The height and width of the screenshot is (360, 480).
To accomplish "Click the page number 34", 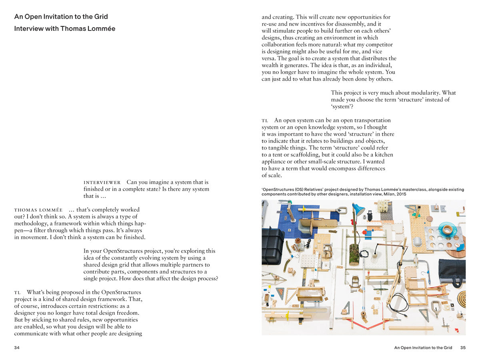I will pyautogui.click(x=17, y=348).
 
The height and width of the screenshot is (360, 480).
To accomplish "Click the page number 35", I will pyautogui.click(x=463, y=348).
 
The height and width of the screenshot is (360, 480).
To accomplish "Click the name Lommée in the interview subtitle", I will pyautogui.click(x=101, y=29).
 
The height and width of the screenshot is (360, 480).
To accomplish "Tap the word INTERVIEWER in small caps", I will pyautogui.click(x=102, y=182).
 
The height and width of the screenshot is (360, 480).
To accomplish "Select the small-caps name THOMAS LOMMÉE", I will pyautogui.click(x=38, y=210).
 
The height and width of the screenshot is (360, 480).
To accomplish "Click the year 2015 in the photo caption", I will pyautogui.click(x=400, y=194).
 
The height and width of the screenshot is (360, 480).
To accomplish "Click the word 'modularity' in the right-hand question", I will pyautogui.click(x=421, y=93).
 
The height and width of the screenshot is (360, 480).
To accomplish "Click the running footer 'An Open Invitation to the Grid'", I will pyautogui.click(x=423, y=348).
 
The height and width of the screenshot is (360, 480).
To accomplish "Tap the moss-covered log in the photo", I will pyautogui.click(x=354, y=252).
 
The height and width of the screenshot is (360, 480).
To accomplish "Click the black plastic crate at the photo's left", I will pyautogui.click(x=272, y=245).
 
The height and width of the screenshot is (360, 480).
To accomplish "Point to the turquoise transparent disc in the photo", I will pyautogui.click(x=447, y=229).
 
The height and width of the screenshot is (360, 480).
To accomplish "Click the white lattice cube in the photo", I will pyautogui.click(x=383, y=206).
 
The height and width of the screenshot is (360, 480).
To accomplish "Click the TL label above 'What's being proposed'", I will pyautogui.click(x=18, y=293).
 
